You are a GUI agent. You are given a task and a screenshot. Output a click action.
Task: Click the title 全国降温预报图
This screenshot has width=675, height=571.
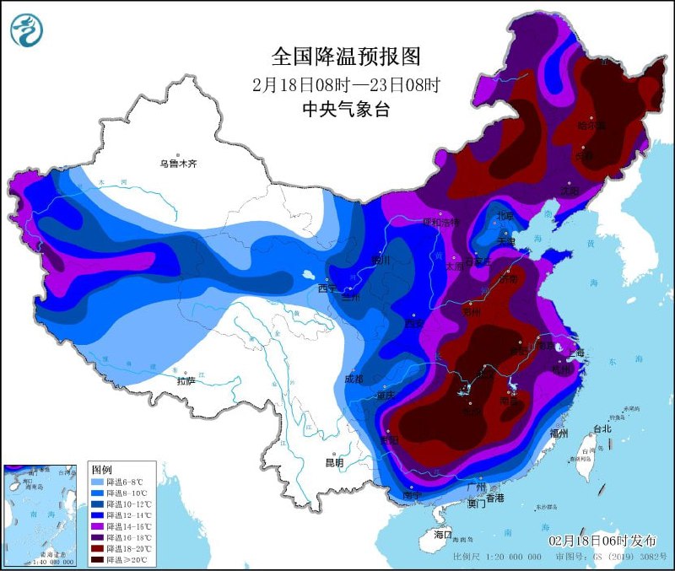pos(345,57)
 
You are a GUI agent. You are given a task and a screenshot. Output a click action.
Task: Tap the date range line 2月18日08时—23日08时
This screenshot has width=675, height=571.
pos(346,84)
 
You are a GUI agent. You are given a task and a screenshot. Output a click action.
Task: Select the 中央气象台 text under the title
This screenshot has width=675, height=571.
pos(346,108)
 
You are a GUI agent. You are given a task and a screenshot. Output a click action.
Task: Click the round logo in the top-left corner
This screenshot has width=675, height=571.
pos(26,30)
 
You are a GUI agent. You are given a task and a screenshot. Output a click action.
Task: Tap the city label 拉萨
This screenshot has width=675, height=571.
pos(186,381)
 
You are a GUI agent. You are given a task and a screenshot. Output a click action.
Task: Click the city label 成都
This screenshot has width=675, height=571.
pos(354,380)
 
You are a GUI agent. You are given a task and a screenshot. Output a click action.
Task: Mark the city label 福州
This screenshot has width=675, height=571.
pos(559,433)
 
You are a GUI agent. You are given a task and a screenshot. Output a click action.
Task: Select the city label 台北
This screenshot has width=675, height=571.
pos(602,428)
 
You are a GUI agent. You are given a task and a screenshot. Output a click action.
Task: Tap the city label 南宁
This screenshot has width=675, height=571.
pos(412,497)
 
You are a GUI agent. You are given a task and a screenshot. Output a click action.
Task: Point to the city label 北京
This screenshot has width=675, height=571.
pos(505,216)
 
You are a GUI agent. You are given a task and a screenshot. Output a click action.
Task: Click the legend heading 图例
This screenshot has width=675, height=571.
pos(102,468)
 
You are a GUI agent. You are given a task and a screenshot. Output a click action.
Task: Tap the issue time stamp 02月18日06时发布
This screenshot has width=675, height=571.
pos(600,540)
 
